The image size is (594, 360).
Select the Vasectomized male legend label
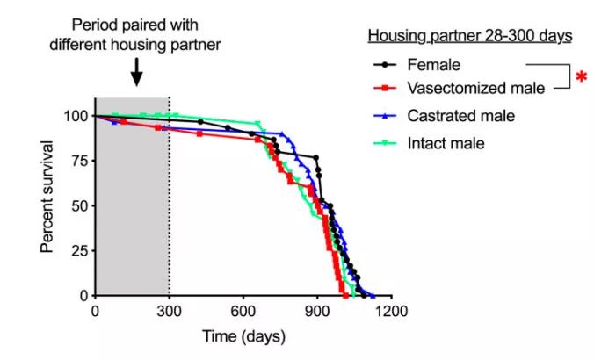(475, 87)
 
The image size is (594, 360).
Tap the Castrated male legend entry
(460, 116)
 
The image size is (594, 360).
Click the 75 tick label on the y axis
(80, 162)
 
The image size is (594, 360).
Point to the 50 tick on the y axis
(80, 206)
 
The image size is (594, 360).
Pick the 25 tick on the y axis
(80, 251)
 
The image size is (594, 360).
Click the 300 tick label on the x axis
(170, 310)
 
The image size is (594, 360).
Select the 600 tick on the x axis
(243, 310)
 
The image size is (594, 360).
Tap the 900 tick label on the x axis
(318, 310)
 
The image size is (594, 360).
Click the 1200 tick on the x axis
(392, 310)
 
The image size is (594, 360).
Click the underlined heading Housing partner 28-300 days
(470, 36)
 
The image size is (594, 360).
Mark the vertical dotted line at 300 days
(170, 202)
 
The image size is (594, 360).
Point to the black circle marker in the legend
(386, 64)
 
